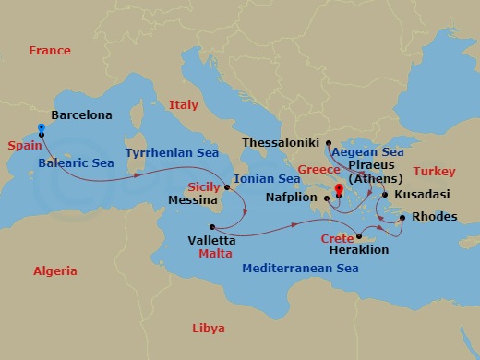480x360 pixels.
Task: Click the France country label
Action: point(50,51)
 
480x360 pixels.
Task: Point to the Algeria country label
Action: point(55,271)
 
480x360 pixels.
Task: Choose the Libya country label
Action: point(207,329)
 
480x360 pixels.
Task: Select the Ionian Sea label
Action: point(267,179)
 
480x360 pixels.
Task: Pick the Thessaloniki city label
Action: point(279,143)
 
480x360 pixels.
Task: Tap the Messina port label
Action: point(194,198)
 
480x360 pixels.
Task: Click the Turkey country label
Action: point(434,172)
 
